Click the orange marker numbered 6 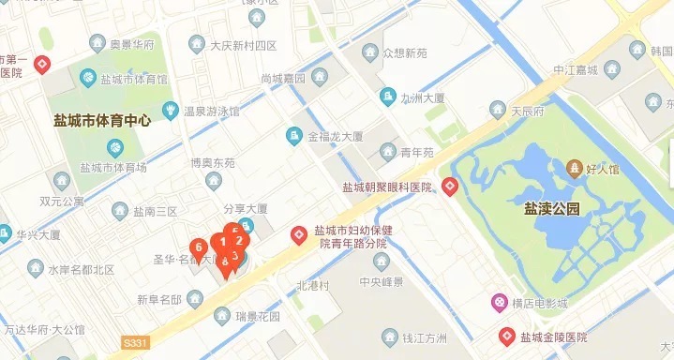(199, 247)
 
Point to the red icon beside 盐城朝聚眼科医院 (451, 187)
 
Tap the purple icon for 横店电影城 (500, 303)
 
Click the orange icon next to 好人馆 (575, 169)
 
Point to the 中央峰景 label (381, 281)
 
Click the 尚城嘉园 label (283, 79)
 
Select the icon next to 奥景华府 (97, 44)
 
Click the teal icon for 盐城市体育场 (115, 147)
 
